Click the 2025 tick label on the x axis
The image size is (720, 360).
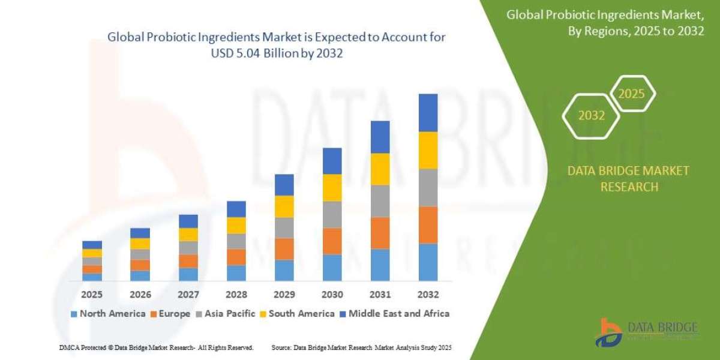[x=92, y=295]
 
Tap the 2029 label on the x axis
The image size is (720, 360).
[x=284, y=295]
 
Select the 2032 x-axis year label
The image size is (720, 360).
[x=428, y=295]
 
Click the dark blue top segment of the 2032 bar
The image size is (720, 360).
[x=428, y=113]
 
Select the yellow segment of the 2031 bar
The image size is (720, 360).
[x=380, y=169]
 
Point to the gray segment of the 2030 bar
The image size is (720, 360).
[x=332, y=214]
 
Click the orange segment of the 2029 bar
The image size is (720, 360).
[x=284, y=248]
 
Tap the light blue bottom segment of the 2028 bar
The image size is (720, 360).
[x=236, y=273]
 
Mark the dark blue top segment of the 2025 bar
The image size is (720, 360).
[x=92, y=245]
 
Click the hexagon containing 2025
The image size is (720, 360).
[x=632, y=94]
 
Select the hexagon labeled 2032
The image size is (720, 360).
[x=592, y=116]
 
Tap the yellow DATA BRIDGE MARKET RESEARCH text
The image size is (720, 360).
[x=628, y=179]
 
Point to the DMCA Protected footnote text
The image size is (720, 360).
[x=156, y=347]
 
